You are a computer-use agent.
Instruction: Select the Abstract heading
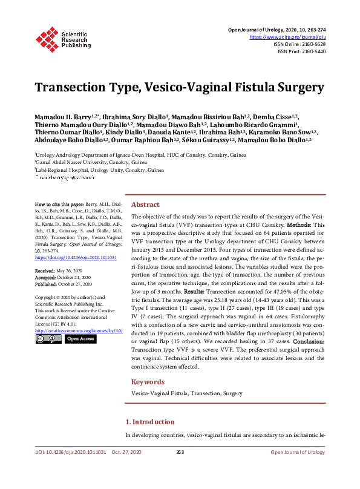(x=145, y=205)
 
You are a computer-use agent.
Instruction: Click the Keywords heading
(x=148, y=382)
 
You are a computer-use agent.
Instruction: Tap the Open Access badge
(x=80, y=339)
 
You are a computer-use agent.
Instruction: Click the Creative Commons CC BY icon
(x=47, y=340)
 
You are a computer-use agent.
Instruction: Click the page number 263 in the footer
(x=180, y=452)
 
